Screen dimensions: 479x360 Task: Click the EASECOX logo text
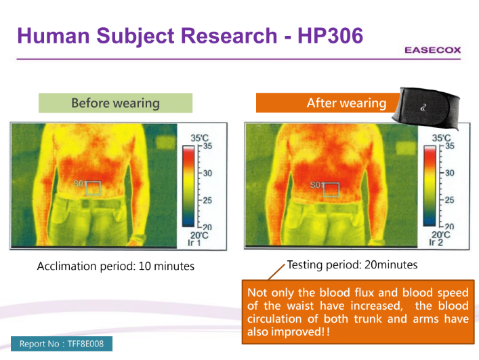[432, 50]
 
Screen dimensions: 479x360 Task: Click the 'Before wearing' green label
[115, 103]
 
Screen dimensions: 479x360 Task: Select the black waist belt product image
[426, 107]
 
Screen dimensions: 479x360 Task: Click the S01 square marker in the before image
[93, 188]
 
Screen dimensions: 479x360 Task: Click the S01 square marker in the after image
[331, 189]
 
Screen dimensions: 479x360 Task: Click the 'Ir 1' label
[194, 243]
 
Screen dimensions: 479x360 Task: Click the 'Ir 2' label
[436, 243]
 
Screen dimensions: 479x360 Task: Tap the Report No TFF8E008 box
[62, 344]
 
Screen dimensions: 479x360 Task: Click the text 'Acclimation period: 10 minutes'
[116, 266]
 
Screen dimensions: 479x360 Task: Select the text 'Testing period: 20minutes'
[352, 264]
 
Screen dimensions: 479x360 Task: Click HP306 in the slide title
[330, 35]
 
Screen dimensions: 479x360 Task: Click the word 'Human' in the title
[54, 35]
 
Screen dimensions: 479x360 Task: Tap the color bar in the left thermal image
[188, 186]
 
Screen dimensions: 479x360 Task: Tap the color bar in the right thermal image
[430, 186]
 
